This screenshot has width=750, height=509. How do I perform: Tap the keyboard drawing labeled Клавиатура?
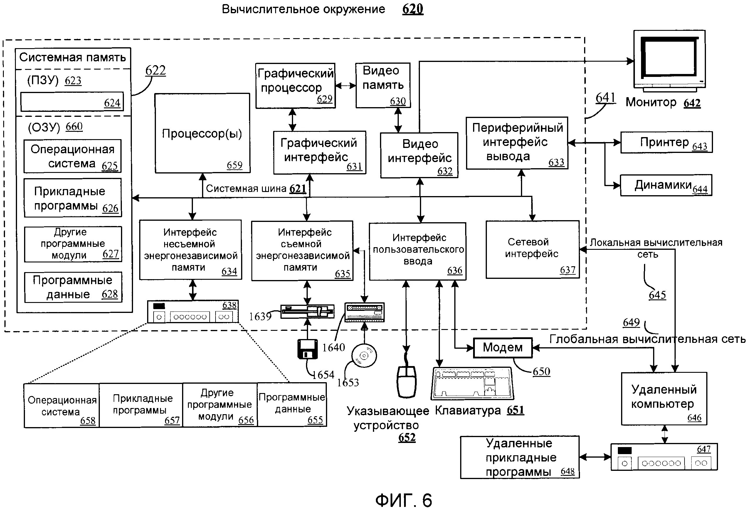pyautogui.click(x=472, y=384)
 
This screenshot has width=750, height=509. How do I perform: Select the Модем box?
pyautogui.click(x=502, y=348)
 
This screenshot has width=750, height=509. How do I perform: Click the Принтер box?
pyautogui.click(x=666, y=142)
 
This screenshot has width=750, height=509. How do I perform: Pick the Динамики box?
pyautogui.click(x=666, y=186)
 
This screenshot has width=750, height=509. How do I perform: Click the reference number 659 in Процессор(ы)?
pyautogui.click(x=234, y=165)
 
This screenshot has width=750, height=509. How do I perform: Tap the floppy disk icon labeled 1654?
pyautogui.click(x=307, y=349)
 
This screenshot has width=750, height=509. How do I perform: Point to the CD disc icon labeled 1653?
pyautogui.click(x=364, y=356)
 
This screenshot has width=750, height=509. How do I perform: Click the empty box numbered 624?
pyautogui.click(x=72, y=102)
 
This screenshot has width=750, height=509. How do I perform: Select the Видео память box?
pyautogui.click(x=383, y=85)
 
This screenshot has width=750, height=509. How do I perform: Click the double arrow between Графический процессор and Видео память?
pyautogui.click(x=345, y=86)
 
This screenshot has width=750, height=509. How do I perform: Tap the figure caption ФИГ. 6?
pyautogui.click(x=403, y=500)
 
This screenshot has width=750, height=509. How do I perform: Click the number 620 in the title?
pyautogui.click(x=412, y=9)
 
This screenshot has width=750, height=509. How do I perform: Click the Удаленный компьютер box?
pyautogui.click(x=664, y=399)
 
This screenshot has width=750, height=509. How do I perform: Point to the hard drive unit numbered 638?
pyautogui.click(x=193, y=311)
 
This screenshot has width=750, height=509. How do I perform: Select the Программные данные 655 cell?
pyautogui.click(x=292, y=405)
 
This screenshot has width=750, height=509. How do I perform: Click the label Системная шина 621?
pyautogui.click(x=255, y=189)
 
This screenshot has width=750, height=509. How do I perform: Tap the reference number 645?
pyautogui.click(x=657, y=295)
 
